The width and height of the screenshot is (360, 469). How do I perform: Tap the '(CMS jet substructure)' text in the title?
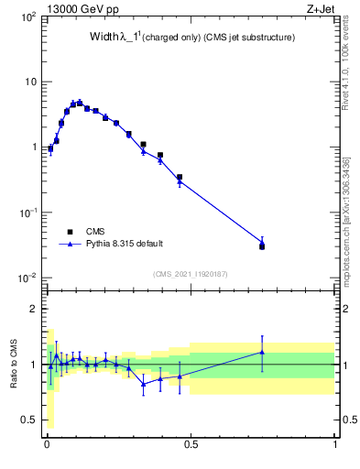click(246, 38)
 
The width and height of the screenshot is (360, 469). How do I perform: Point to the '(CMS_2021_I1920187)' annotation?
click(191, 274)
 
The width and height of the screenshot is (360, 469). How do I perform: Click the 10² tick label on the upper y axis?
click(27, 17)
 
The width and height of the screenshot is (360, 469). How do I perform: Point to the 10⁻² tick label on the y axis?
click(27, 278)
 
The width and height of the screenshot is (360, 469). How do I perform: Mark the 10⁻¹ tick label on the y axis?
click(27, 213)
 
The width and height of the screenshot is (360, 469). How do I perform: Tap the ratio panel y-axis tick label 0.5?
click(29, 420)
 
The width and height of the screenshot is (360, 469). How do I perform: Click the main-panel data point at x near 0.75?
click(262, 245)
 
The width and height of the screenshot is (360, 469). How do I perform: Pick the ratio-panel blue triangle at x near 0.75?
click(262, 352)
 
